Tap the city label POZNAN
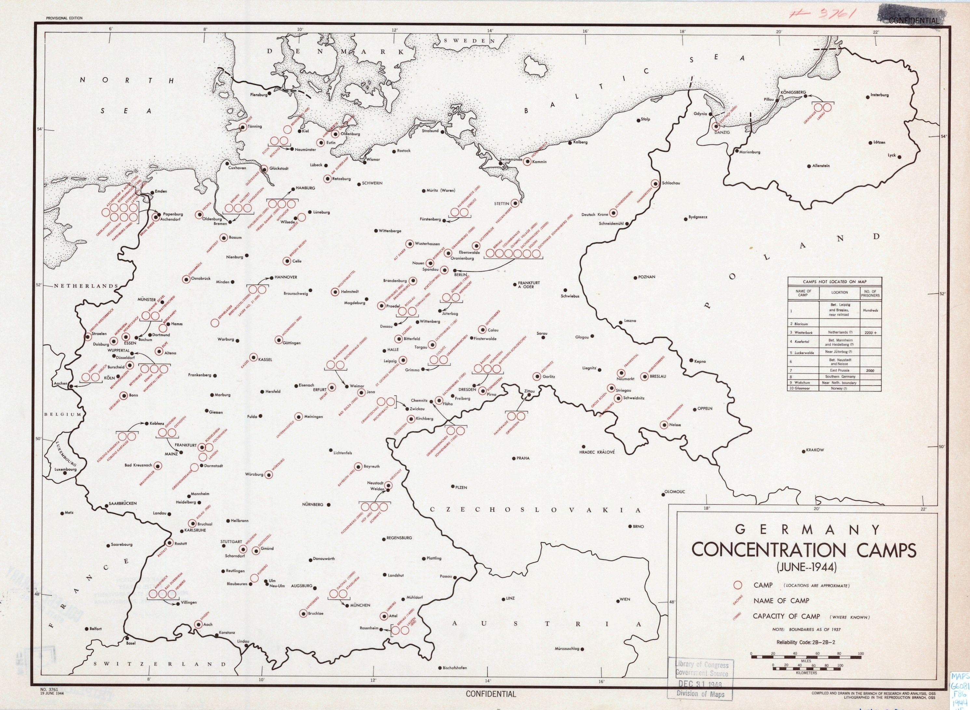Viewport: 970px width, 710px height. [647, 277]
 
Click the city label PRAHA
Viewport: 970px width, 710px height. [523, 458]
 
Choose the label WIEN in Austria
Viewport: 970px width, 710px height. [625, 600]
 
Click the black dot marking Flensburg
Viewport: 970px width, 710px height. [270, 93]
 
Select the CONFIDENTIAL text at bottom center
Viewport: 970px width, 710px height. [491, 694]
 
